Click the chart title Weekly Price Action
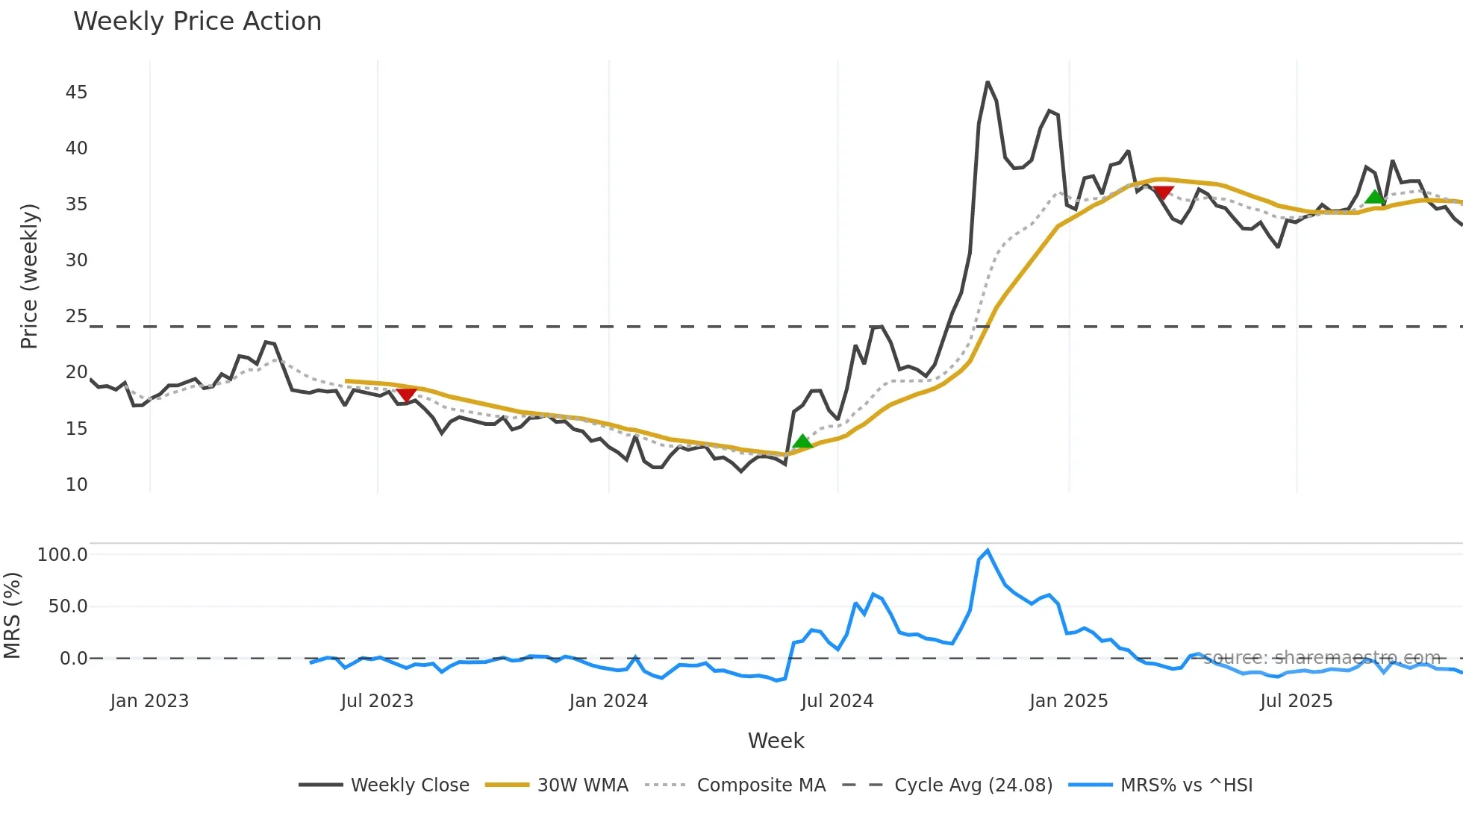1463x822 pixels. [x=197, y=22]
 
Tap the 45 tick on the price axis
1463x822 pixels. [x=76, y=92]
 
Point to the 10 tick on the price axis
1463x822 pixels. [x=76, y=485]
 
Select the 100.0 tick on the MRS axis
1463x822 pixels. [x=63, y=555]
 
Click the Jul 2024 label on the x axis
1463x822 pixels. [x=837, y=701]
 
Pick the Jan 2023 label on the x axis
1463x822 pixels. [x=149, y=701]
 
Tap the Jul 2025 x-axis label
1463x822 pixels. [x=1296, y=701]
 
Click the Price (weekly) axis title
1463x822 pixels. [x=29, y=276]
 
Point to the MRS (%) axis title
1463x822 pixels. [x=12, y=615]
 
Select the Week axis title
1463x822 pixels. [x=776, y=741]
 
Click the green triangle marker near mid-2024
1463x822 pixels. [x=802, y=442]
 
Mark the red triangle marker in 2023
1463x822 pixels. [x=406, y=394]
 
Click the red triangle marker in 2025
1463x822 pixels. [x=1163, y=192]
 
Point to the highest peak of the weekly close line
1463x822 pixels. [x=988, y=82]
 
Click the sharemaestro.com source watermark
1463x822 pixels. [x=1321, y=658]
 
